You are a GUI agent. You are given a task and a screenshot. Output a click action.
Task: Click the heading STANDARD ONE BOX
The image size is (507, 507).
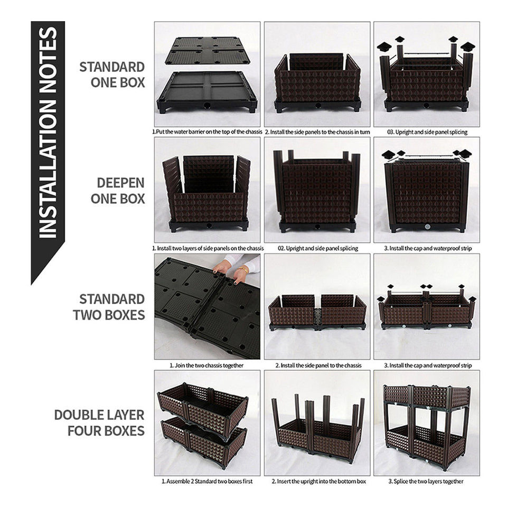coord(112,74)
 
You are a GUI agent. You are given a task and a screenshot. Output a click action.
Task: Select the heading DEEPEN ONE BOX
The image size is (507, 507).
coord(118,191)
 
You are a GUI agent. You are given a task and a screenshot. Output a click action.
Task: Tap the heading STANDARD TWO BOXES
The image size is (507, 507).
coord(109,307)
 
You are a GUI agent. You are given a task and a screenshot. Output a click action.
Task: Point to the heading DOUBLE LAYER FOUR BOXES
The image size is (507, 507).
coord(100,422)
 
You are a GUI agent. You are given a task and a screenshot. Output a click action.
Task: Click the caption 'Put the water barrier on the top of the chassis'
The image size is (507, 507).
coord(207,132)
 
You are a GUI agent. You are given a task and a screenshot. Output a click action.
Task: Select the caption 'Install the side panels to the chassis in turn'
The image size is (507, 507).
coord(317,132)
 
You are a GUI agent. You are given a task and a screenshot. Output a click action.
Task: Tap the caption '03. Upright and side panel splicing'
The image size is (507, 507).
coord(427,132)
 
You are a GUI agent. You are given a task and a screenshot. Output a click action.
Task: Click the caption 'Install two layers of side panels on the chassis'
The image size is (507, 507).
coord(208,248)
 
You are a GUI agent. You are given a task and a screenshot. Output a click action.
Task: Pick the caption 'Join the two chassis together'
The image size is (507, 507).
coord(206,365)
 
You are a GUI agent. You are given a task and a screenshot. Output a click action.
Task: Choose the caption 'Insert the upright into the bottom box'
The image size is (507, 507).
coord(319,481)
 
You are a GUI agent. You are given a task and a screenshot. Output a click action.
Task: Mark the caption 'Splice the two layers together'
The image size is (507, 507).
coord(426,481)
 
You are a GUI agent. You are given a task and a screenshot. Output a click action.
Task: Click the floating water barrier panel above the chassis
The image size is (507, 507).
coord(208,51)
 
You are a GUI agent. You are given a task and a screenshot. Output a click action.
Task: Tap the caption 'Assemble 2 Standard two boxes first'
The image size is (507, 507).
coord(207,481)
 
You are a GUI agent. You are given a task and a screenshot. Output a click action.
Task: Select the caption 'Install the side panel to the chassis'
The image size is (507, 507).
coord(318,365)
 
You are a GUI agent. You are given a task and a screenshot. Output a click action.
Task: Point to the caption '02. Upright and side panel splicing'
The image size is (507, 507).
coord(318,248)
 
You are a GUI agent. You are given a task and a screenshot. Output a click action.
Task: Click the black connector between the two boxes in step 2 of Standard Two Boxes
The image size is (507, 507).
coord(317,318)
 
